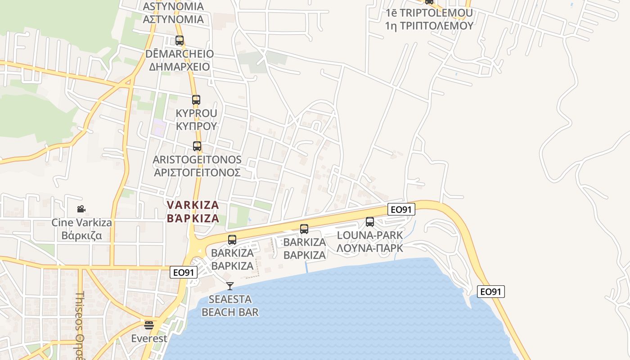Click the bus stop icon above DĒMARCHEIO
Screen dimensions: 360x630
click(x=180, y=40)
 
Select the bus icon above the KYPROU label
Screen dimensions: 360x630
click(x=196, y=100)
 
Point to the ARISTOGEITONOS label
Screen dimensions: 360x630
click(x=197, y=160)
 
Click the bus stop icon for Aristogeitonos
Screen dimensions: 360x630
click(x=197, y=146)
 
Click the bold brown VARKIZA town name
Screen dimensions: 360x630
click(x=193, y=205)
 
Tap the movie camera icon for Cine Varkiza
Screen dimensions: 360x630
click(x=81, y=209)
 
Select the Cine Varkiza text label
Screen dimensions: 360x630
click(x=81, y=222)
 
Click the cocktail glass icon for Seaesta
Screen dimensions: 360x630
click(x=230, y=286)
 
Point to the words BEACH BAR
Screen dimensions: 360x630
click(x=230, y=312)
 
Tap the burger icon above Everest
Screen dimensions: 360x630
click(x=149, y=325)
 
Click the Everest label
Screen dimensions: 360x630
click(x=149, y=338)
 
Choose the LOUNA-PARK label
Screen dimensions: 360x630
click(x=370, y=235)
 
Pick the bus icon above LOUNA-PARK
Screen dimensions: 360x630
click(x=370, y=221)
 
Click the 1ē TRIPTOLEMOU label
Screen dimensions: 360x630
click(x=429, y=13)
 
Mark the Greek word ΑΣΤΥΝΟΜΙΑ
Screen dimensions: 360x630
click(x=173, y=19)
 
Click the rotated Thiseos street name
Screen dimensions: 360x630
click(x=80, y=317)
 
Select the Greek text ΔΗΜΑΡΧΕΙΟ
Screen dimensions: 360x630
click(x=180, y=67)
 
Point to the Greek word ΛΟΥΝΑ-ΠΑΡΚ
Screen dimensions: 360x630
click(x=370, y=247)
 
